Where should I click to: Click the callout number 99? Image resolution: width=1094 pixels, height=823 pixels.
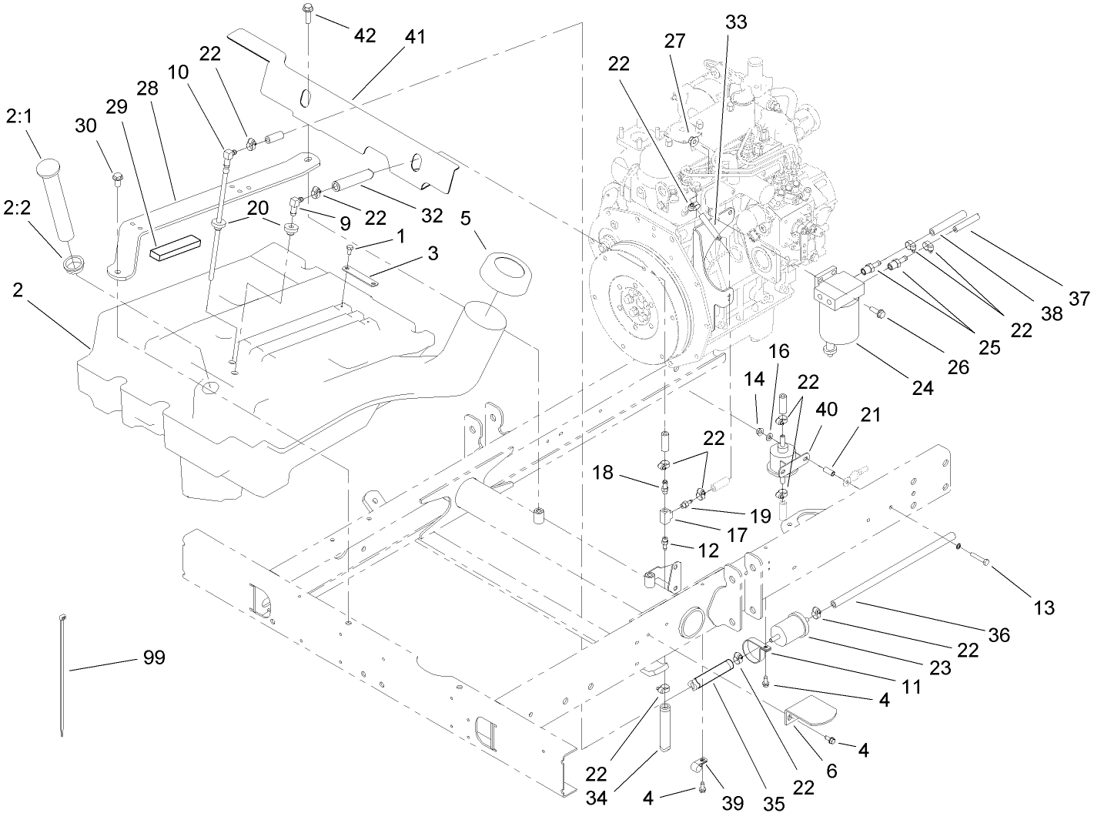[x=153, y=657]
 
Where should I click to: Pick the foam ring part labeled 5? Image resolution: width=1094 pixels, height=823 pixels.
[x=504, y=276]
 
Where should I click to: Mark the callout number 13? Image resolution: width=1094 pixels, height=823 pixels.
[x=1043, y=608]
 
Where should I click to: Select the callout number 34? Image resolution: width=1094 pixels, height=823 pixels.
[x=596, y=797]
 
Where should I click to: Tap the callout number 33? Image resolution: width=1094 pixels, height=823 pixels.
[x=736, y=22]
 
